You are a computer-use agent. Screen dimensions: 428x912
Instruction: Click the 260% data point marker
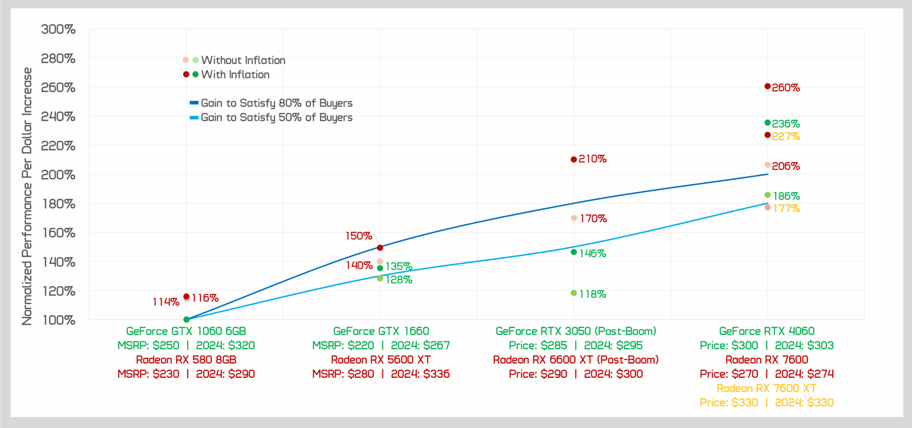point(767,86)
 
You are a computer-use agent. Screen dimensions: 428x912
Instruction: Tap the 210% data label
point(592,159)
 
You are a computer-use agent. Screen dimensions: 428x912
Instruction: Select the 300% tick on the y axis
point(58,29)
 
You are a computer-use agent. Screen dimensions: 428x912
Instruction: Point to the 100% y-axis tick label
point(59,320)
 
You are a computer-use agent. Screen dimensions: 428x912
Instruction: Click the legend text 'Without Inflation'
point(243,60)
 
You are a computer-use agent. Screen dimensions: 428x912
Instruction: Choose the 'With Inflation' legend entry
point(235,75)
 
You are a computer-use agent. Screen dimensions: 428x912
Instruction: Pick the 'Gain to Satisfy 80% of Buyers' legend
point(276,103)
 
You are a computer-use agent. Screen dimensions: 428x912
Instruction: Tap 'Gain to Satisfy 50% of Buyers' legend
point(276,117)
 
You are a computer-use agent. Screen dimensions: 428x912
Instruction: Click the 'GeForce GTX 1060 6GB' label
point(186,331)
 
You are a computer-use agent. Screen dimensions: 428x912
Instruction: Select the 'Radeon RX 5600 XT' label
point(381,360)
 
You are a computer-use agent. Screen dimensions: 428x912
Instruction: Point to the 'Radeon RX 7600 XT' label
point(767,388)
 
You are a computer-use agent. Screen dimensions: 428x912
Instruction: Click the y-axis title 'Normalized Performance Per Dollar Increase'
point(27,196)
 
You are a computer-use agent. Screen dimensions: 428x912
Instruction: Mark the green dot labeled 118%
point(574,293)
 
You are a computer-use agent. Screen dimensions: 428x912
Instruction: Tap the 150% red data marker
point(380,248)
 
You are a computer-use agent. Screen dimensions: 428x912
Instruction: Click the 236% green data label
point(786,124)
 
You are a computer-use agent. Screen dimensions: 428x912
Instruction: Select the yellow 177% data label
point(786,209)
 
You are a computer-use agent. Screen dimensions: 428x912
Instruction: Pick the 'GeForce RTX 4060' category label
point(767,331)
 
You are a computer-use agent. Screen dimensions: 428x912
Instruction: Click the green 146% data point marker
point(574,252)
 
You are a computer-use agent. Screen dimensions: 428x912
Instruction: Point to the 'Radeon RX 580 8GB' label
point(186,360)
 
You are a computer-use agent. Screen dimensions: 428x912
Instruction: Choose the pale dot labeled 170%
point(574,218)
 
